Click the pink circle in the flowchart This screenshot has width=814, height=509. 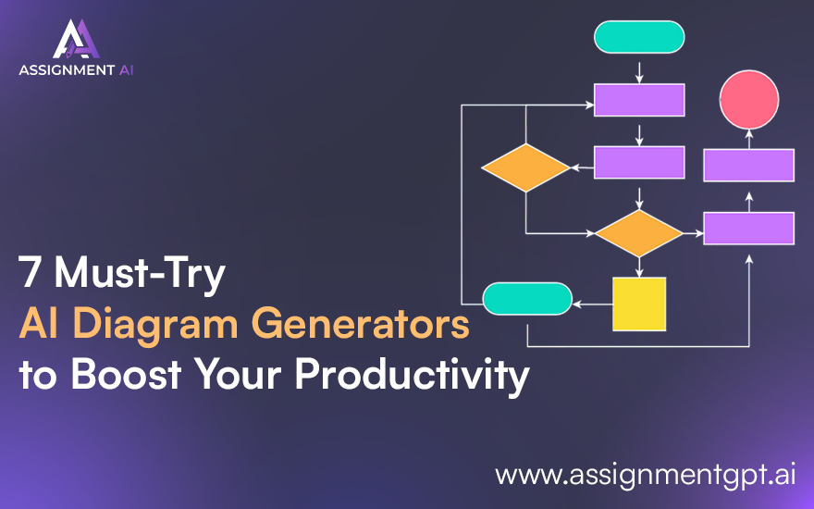tap(749, 100)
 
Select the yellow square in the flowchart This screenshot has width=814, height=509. tap(639, 304)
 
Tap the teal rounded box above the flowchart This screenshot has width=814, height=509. tap(639, 36)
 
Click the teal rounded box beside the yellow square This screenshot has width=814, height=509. tap(527, 299)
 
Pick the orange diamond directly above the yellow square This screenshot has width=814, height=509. tap(638, 233)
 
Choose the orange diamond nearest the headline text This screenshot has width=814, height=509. tap(525, 168)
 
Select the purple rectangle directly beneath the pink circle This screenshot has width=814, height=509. tap(749, 165)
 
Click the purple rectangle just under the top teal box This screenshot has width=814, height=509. tap(639, 100)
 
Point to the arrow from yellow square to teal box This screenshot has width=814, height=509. tap(592, 302)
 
